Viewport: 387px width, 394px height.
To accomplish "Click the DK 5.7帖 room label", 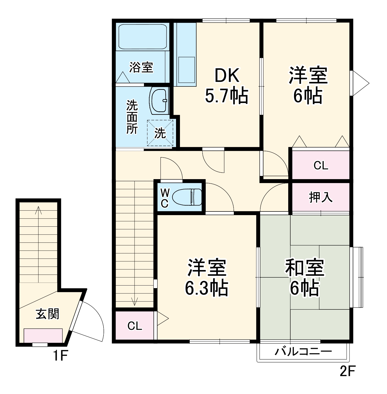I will tap(226, 86).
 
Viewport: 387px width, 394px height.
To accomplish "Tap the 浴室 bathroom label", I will tap(141, 67).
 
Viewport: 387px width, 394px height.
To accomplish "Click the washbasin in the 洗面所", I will tap(159, 101).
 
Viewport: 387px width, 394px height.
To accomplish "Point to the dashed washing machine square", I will tap(160, 133).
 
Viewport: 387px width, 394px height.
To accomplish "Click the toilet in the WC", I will tap(187, 197).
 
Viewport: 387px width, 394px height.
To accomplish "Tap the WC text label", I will tap(165, 198).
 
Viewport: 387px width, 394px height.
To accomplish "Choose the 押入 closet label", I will tap(321, 197).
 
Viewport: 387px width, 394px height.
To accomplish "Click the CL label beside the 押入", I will tap(321, 165).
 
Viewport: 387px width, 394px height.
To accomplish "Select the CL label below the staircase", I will tap(135, 326).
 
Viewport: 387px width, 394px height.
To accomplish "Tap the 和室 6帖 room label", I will tap(305, 278).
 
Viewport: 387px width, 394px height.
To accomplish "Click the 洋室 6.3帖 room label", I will tap(207, 278).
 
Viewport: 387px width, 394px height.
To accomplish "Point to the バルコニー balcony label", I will tap(303, 351).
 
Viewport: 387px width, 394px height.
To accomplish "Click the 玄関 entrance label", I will tap(48, 314).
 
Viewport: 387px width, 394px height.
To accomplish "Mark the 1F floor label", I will tap(60, 356).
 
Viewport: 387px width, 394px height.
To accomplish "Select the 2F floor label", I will tap(347, 371).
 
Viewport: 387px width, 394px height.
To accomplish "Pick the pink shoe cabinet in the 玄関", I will tap(43, 335).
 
